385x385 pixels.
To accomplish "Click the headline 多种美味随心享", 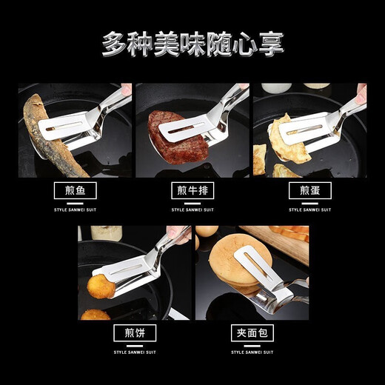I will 192,43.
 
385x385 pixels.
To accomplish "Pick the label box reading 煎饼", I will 134,333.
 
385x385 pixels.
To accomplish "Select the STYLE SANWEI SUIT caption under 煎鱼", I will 76,210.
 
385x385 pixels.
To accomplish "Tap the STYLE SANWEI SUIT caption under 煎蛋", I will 309,210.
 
